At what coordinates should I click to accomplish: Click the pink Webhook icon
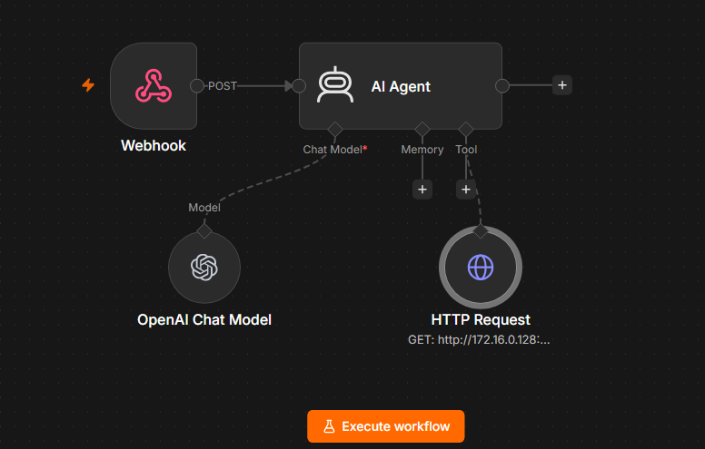coord(154,86)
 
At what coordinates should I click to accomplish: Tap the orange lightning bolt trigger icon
coord(88,85)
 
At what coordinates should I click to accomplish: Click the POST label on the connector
coord(222,86)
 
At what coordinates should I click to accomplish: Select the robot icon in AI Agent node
coord(335,85)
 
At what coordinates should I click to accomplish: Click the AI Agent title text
coord(401,86)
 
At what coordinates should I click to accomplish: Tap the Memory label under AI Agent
coord(422,150)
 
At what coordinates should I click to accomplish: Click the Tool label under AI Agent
coord(466,150)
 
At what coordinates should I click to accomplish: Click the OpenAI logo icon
coord(204,268)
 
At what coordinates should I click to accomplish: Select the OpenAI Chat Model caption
coord(204,319)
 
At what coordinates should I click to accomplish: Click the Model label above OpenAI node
coord(204,208)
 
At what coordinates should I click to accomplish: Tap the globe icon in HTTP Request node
coord(481,268)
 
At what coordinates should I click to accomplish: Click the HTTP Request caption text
coord(481,319)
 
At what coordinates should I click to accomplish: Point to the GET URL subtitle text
coord(479,340)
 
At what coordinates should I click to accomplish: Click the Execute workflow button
coord(386,426)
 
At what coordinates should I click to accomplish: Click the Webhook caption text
coord(154,145)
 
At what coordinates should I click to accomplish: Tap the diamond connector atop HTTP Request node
coord(481,231)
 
